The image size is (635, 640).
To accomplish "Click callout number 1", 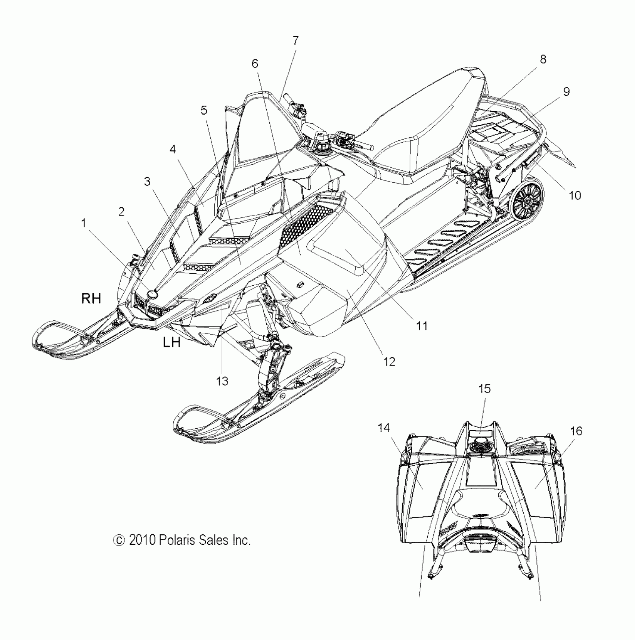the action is point(84,223).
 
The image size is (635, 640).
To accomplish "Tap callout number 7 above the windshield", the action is point(295,40).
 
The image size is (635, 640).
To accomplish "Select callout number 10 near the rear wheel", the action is point(575,195).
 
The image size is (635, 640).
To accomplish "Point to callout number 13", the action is point(222,381).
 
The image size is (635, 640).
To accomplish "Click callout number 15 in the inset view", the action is point(484,389).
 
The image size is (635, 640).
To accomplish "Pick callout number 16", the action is point(576,431).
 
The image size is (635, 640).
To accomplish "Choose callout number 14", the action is point(384,428).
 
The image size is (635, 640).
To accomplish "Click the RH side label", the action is point(92,298).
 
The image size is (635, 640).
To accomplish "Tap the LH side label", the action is point(172,342).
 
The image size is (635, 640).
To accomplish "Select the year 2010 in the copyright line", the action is point(142,540).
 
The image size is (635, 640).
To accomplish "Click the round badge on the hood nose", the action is point(152,295).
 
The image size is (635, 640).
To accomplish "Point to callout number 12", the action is point(389,361).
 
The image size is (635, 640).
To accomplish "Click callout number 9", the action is point(566,92).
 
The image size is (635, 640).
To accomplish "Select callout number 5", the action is point(204,110).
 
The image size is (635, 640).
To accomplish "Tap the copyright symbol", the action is point(118,540).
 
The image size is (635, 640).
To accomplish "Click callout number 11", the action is point(422,326).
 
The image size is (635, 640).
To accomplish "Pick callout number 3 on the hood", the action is point(147,181).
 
